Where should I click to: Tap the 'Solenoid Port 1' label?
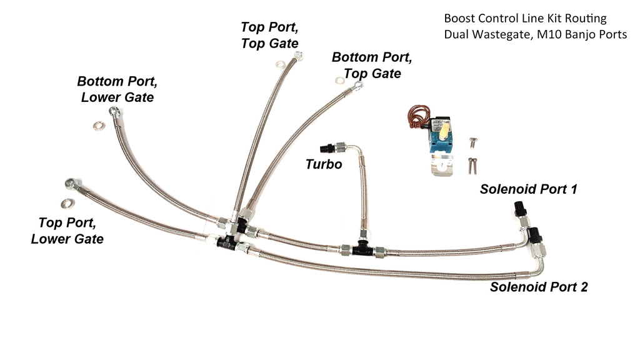point(528,189)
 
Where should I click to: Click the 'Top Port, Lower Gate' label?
point(67,231)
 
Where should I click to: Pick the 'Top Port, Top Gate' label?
point(269,35)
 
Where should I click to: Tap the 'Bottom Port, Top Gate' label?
point(371,65)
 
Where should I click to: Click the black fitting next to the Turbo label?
point(326,149)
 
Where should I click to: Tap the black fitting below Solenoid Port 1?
point(519,208)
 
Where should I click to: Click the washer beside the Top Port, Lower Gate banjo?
point(66,202)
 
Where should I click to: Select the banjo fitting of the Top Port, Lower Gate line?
point(70,184)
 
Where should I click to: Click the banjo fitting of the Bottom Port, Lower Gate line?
point(114,112)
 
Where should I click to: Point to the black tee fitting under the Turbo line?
point(361,249)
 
